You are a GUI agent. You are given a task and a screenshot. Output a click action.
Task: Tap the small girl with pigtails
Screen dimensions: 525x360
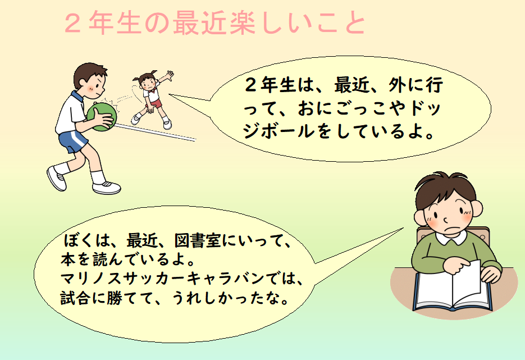[x=152, y=99]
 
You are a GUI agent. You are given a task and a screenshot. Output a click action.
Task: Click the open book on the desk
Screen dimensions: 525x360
[x=453, y=288]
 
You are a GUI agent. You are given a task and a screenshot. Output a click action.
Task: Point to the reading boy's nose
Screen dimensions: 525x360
[x=446, y=220]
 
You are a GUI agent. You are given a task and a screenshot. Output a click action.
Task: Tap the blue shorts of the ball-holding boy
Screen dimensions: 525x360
[x=73, y=140]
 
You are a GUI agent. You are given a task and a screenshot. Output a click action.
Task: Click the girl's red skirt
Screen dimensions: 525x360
[x=153, y=103]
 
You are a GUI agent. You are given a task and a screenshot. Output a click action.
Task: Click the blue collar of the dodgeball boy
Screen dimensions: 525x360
[x=77, y=97]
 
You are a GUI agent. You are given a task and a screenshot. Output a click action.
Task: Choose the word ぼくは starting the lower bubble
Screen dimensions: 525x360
[x=84, y=240]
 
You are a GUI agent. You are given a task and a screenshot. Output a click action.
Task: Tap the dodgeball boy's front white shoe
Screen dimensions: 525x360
[x=107, y=188]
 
